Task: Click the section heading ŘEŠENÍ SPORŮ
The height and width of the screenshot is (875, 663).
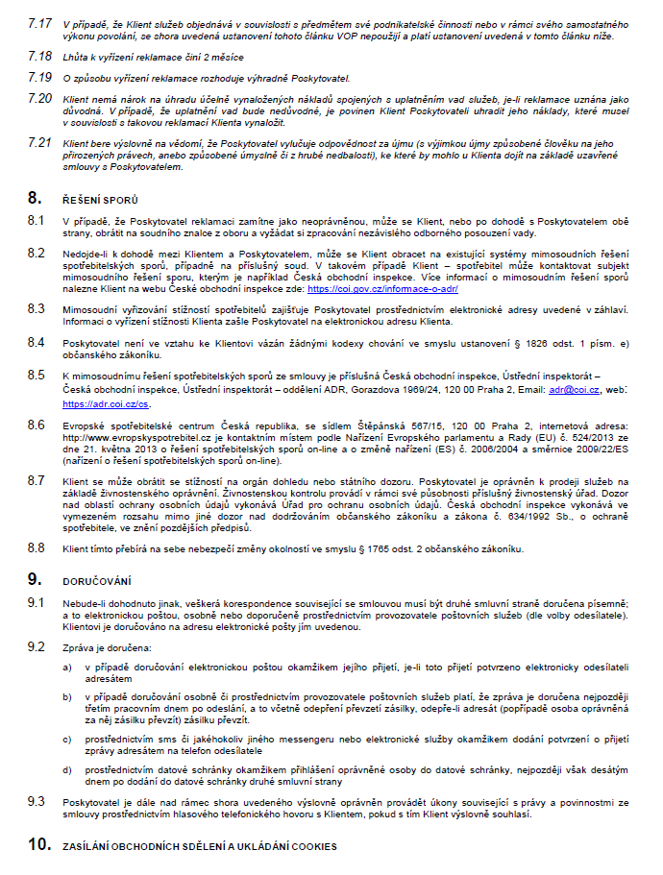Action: tap(96, 200)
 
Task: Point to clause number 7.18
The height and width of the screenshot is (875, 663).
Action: tap(38, 57)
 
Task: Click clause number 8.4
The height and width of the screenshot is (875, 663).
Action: tap(37, 342)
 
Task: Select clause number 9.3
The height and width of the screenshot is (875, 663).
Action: tap(37, 801)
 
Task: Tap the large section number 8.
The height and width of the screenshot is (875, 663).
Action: tap(35, 199)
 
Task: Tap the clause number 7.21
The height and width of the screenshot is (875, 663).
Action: tap(38, 142)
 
